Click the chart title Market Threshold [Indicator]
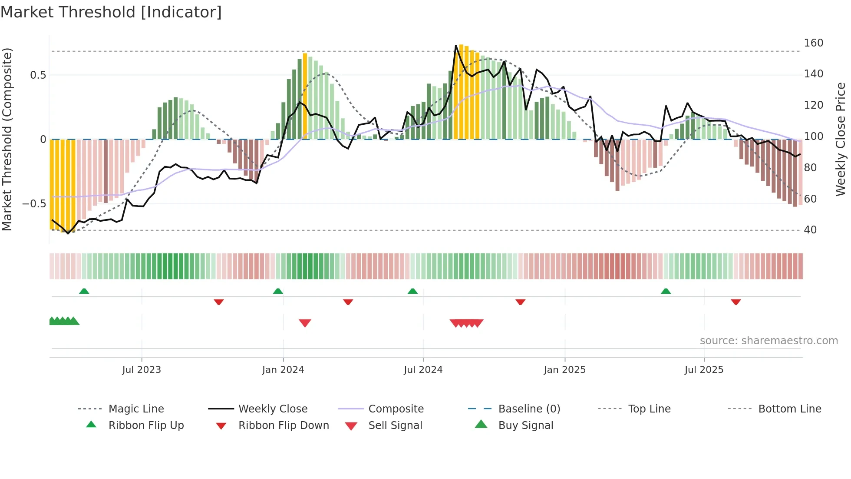pyautogui.click(x=111, y=12)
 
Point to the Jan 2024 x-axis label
pyautogui.click(x=283, y=370)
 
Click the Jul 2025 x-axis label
pyautogui.click(x=704, y=370)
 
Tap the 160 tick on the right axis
pyautogui.click(x=813, y=43)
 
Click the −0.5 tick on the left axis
pyautogui.click(x=34, y=204)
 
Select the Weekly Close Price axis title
pyautogui.click(x=841, y=139)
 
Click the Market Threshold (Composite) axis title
pyautogui.click(x=7, y=139)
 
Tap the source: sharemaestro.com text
pyautogui.click(x=769, y=341)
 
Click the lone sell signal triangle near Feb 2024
pyautogui.click(x=305, y=323)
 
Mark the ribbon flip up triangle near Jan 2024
pyautogui.click(x=278, y=291)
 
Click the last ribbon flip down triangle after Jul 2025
pyautogui.click(x=736, y=302)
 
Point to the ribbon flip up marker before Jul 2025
pyautogui.click(x=666, y=291)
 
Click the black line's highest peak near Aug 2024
pyautogui.click(x=456, y=46)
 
